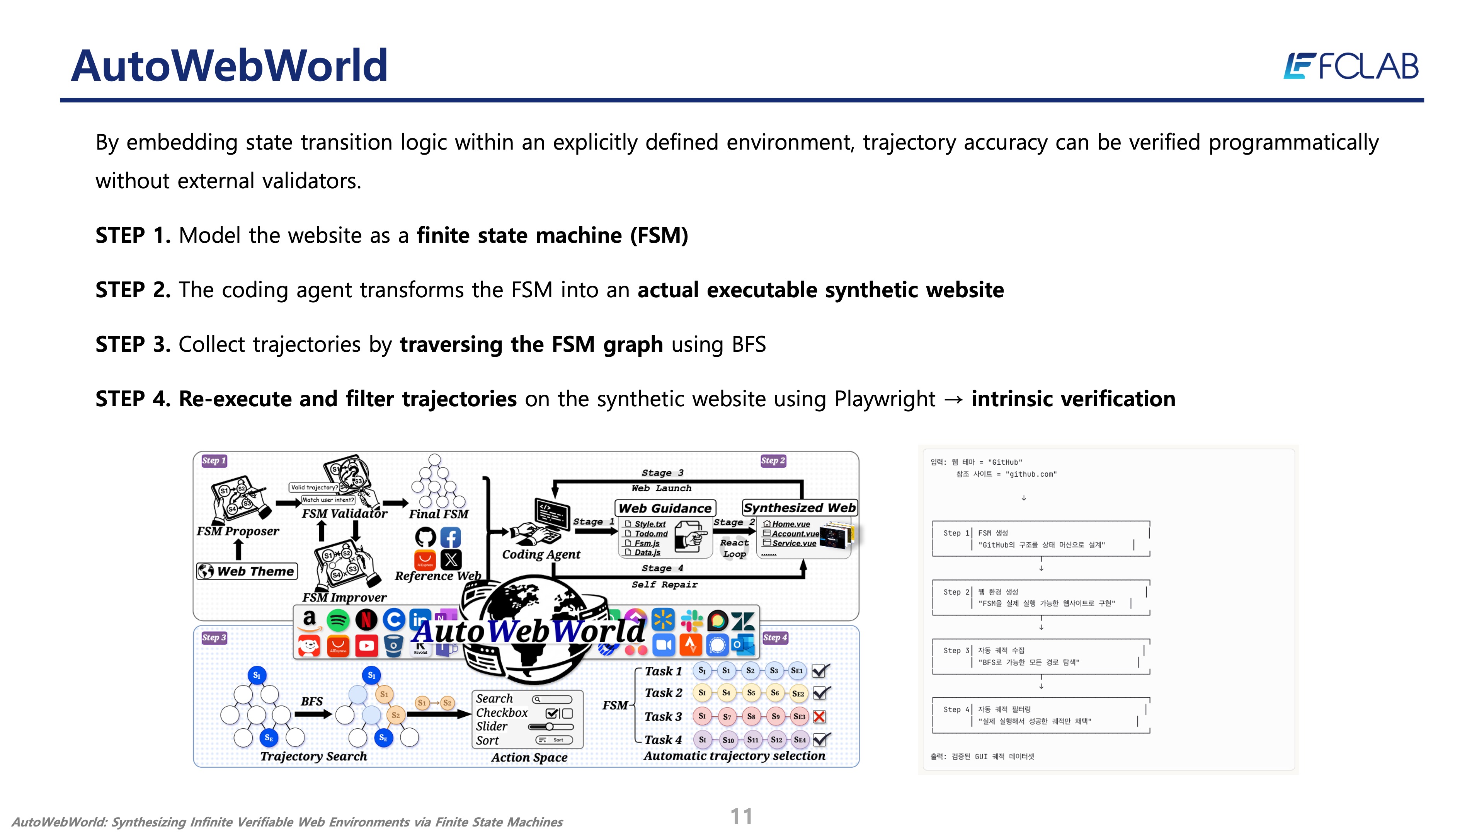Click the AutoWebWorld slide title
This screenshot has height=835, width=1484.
pyautogui.click(x=229, y=66)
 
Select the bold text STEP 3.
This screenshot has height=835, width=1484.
pyautogui.click(x=133, y=344)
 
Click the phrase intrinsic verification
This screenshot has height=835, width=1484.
pyautogui.click(x=1073, y=399)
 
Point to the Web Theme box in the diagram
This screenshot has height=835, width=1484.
pyautogui.click(x=247, y=571)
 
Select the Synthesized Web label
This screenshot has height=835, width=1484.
pyautogui.click(x=799, y=508)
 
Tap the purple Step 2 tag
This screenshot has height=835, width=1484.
pyautogui.click(x=773, y=460)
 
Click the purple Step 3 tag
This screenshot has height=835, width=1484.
pyautogui.click(x=214, y=637)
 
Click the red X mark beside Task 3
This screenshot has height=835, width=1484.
pyautogui.click(x=819, y=716)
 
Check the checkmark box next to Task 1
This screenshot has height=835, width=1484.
pyautogui.click(x=820, y=671)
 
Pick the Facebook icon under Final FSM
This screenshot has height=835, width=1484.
pyautogui.click(x=451, y=537)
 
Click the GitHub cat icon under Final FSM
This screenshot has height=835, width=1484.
pyautogui.click(x=425, y=537)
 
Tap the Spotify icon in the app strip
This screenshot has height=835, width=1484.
pyautogui.click(x=338, y=620)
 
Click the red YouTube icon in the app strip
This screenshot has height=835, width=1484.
pyautogui.click(x=366, y=646)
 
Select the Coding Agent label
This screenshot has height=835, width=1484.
pyautogui.click(x=541, y=554)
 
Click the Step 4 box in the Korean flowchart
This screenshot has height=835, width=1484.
pyautogui.click(x=1040, y=715)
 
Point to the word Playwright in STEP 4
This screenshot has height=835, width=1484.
pyautogui.click(x=885, y=399)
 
